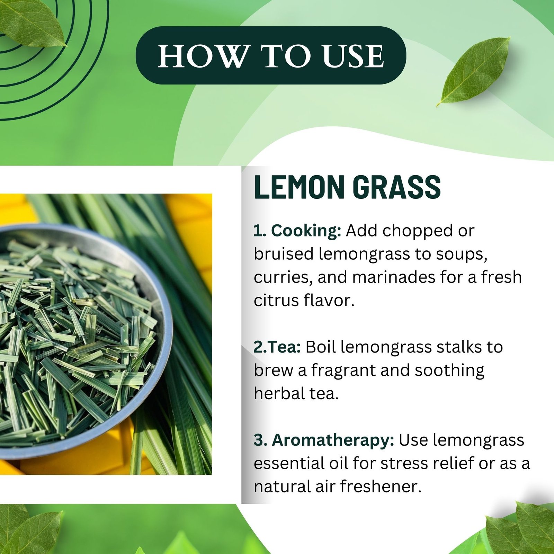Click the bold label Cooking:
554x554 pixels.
coord(306,231)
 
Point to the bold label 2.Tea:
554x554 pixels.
coord(277,347)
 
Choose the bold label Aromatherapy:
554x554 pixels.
coord(333,440)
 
